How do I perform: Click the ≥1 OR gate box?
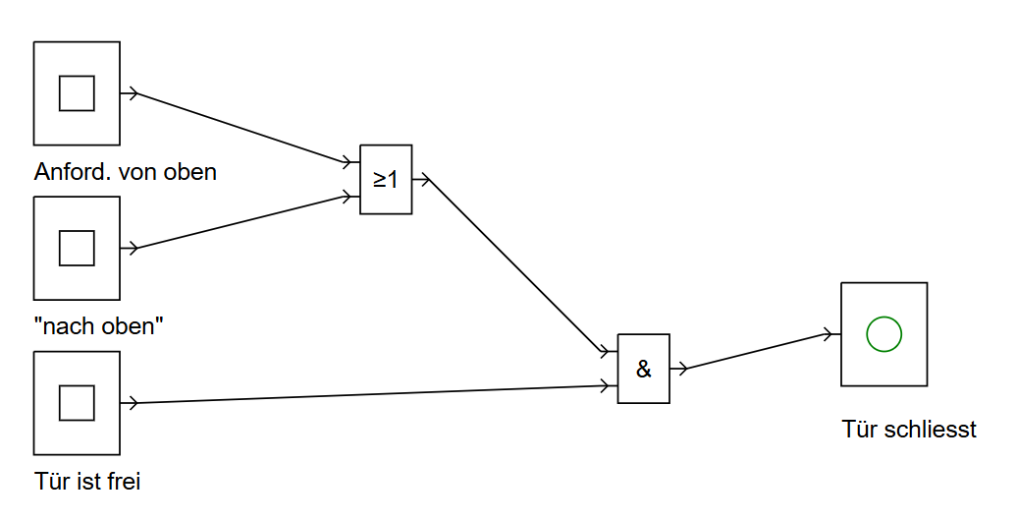click(x=386, y=179)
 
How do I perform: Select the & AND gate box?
click(x=643, y=369)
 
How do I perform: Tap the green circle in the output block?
click(x=883, y=334)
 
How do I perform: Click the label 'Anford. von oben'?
click(x=125, y=172)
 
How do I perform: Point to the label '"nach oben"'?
click(x=98, y=326)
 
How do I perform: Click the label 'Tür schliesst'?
click(x=909, y=430)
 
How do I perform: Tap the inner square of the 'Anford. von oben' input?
click(x=77, y=93)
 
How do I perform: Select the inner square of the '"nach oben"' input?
click(x=77, y=248)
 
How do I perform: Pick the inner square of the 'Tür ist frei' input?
click(x=77, y=402)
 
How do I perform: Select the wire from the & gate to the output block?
click(x=756, y=351)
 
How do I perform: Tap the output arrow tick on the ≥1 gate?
click(x=422, y=180)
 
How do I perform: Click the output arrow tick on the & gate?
click(x=679, y=369)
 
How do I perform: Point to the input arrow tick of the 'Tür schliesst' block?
click(x=831, y=334)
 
